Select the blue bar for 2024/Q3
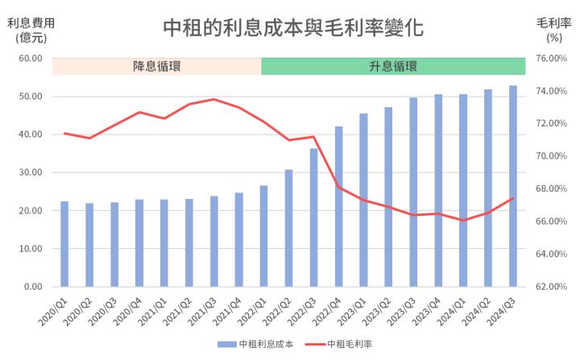pos(513,186)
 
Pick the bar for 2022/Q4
pos(338,206)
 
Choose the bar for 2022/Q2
pos(288,228)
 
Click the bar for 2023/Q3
pos(413,192)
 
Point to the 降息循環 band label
pos(157,66)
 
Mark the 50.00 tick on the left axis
pos(32,97)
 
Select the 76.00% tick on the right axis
pos(552,58)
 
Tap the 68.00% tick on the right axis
pos(552,188)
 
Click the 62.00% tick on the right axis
pos(552,287)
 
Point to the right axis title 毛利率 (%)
pos(553,30)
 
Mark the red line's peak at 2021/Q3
pos(213,99)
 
